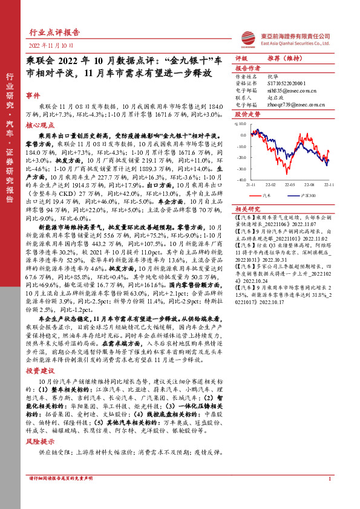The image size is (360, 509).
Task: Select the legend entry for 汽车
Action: pyautogui.click(x=268, y=195)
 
